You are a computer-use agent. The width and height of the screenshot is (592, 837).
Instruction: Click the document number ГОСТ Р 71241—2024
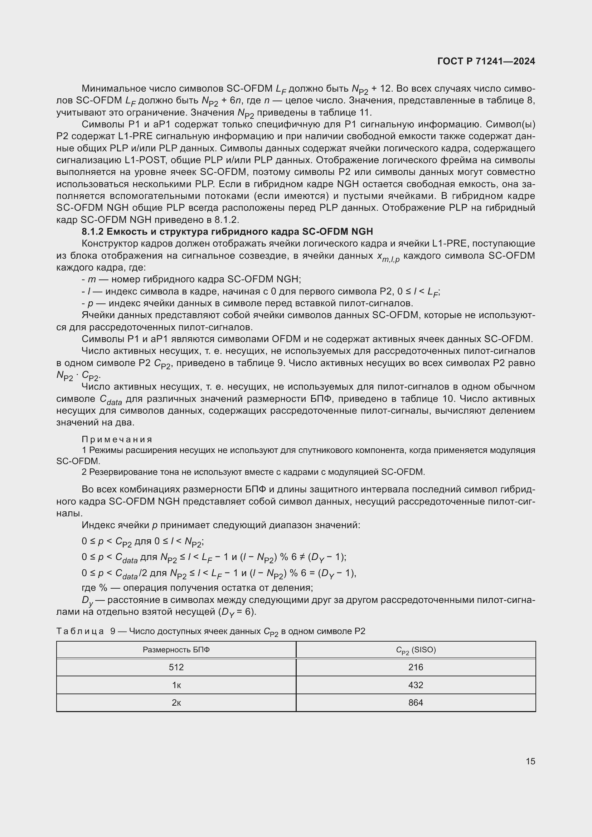tap(486, 61)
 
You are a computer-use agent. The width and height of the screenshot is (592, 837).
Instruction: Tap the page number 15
tap(530, 761)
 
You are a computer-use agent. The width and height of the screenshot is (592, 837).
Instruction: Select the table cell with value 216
tap(416, 667)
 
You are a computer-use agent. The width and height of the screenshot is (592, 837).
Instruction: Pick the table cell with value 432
tap(416, 685)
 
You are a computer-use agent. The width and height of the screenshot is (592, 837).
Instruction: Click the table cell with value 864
tap(416, 702)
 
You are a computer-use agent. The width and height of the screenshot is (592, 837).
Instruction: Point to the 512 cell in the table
tap(176, 667)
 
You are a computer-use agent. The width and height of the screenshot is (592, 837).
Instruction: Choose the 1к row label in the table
tap(176, 685)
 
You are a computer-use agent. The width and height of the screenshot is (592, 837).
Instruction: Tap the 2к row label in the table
tap(176, 702)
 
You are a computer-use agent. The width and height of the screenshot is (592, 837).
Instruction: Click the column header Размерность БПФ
tap(176, 649)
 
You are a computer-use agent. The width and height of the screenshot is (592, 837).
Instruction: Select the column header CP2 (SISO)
tap(416, 650)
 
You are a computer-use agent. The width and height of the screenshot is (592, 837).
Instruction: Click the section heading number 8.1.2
tap(93, 232)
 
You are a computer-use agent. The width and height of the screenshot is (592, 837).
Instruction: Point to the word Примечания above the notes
tap(117, 439)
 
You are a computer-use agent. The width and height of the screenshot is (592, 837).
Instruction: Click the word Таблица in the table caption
tap(80, 631)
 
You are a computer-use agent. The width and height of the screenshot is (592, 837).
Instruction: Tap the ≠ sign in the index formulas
tap(302, 557)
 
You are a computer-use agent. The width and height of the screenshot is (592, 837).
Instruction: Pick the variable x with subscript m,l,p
tap(388, 257)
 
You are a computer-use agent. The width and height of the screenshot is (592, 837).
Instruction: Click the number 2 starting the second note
tap(84, 472)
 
